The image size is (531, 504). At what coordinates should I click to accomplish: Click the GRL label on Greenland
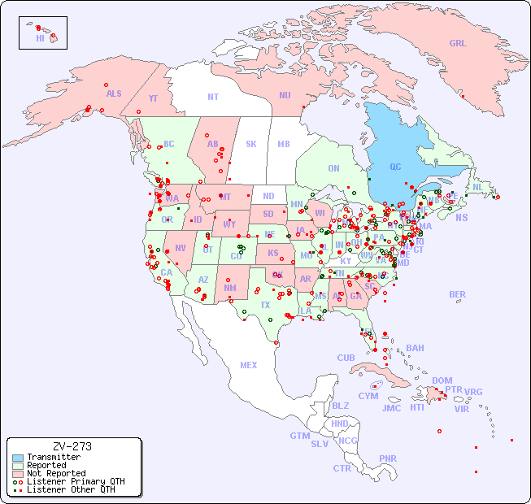pos(458,44)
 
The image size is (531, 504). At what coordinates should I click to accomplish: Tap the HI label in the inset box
pos(40,38)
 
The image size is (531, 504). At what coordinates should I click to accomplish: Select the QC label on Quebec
pos(395,167)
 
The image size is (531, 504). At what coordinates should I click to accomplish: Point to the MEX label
pos(249,365)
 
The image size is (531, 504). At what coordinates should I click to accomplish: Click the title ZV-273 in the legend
pos(72,446)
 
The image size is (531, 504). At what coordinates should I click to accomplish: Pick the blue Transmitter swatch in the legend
pos(17,458)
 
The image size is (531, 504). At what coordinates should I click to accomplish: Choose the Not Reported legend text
pos(56,473)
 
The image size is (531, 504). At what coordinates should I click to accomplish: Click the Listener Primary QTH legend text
pos(76,481)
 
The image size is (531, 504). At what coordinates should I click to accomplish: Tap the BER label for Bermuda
pos(458,294)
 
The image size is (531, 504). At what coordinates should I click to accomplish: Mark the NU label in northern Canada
pos(285,95)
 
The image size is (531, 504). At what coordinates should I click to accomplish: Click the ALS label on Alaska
pos(114,93)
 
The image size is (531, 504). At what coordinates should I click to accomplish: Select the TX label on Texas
pos(265,305)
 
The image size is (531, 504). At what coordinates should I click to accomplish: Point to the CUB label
pos(346,358)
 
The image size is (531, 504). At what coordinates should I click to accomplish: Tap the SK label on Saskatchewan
pos(251,144)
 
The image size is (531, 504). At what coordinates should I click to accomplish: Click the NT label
pos(213,96)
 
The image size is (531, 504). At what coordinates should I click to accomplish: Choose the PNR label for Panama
pos(388,458)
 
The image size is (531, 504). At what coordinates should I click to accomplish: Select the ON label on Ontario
pos(333,168)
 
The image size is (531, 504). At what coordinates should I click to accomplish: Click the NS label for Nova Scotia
pos(461,217)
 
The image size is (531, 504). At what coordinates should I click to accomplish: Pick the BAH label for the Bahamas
pos(415,348)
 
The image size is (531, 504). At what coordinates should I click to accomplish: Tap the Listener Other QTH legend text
pos(71,489)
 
